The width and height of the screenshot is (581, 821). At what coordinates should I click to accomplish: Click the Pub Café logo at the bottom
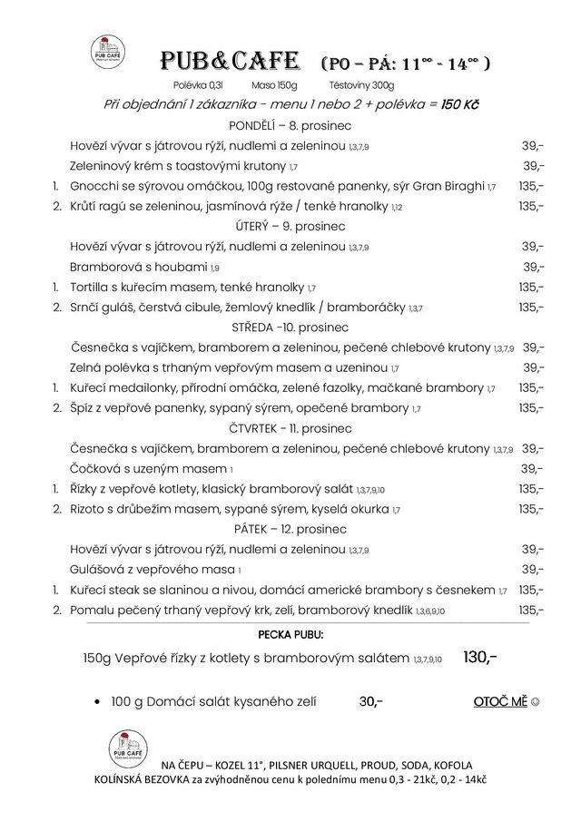[128, 748]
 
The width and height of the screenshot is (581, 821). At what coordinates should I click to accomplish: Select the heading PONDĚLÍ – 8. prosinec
[290, 124]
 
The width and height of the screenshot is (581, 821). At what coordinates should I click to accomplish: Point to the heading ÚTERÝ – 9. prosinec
[290, 226]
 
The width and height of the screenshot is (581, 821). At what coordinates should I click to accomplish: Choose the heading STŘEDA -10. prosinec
[290, 327]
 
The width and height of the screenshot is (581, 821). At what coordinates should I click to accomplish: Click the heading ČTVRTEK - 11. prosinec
[290, 427]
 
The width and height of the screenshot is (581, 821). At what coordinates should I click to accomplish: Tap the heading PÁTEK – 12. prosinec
[290, 529]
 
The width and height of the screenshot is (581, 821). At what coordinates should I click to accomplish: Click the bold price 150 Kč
[459, 104]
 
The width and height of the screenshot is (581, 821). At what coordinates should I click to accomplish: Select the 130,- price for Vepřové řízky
[479, 657]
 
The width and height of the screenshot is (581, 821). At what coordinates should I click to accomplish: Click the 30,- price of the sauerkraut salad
[371, 701]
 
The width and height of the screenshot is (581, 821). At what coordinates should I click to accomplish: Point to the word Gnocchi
[94, 186]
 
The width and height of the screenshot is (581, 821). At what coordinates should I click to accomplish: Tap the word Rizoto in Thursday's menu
[89, 509]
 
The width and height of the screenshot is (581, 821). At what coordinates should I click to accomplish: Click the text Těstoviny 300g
[361, 84]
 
